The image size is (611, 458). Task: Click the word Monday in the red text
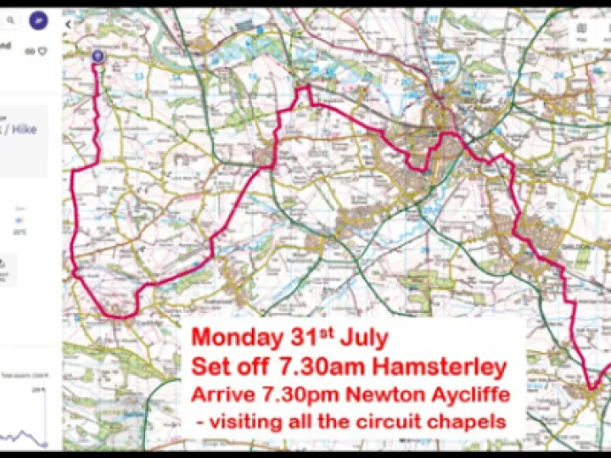pyautogui.click(x=236, y=338)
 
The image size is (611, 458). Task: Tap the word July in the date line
pyautogui.click(x=364, y=338)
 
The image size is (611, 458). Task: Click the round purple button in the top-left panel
pyautogui.click(x=38, y=20)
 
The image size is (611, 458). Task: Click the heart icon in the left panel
pyautogui.click(x=42, y=51)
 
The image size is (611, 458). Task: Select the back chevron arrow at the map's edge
pyautogui.click(x=68, y=25)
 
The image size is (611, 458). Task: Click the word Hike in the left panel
pyautogui.click(x=36, y=129)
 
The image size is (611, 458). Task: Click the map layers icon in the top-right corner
pyautogui.click(x=582, y=28)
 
